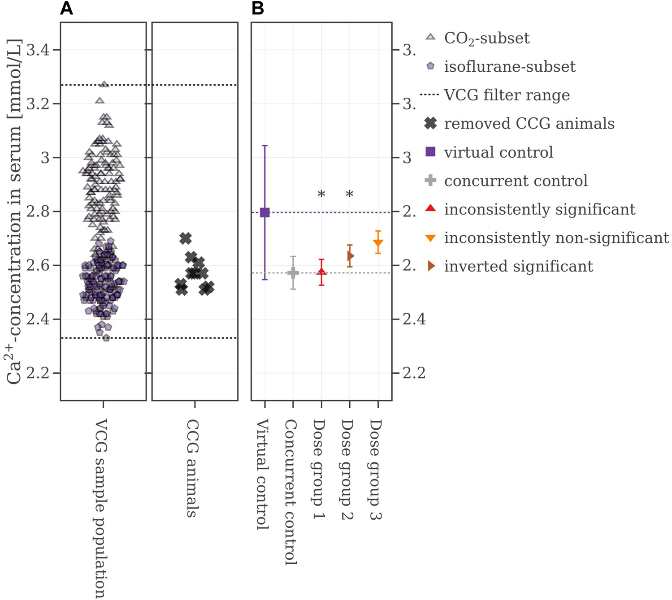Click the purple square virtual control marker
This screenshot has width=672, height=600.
tap(265, 212)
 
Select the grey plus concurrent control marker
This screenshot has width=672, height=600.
tap(293, 272)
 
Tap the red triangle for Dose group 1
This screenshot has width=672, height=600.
tap(321, 272)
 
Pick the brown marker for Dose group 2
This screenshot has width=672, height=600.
tap(350, 256)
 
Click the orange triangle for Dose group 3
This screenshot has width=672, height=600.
tap(378, 243)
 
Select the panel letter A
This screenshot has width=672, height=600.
tap(66, 9)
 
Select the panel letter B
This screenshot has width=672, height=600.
tap(258, 9)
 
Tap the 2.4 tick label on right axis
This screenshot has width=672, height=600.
tap(414, 319)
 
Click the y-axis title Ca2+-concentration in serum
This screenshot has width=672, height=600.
tap(14, 211)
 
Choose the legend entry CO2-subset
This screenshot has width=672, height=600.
tap(486, 39)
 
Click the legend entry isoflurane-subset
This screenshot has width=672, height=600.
tap(509, 67)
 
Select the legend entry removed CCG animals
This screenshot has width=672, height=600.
tap(529, 124)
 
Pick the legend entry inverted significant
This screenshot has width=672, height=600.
tap(518, 266)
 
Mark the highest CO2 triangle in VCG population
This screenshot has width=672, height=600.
tap(104, 84)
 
